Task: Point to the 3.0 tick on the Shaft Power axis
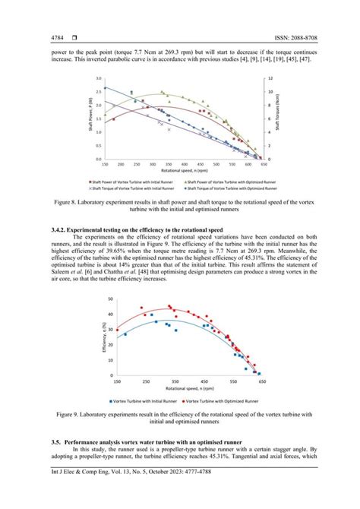pyautogui.click(x=99, y=78)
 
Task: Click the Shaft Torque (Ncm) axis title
pyautogui.click(x=283, y=118)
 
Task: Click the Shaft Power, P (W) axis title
pyautogui.click(x=90, y=119)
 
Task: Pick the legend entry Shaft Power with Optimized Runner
pyautogui.click(x=226, y=182)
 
